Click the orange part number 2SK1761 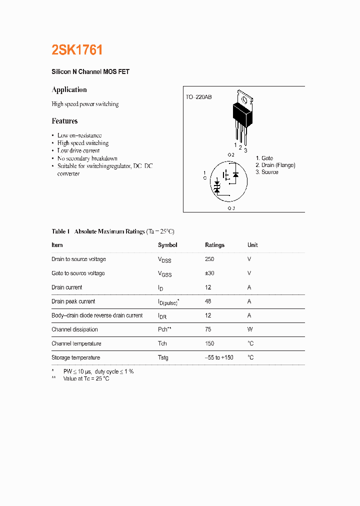point(77,50)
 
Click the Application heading point(69,90)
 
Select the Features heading point(64,121)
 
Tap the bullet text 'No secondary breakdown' point(87,158)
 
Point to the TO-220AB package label point(198,97)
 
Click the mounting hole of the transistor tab point(245,98)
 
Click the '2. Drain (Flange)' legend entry point(275,165)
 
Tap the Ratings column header point(214,245)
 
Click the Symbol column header point(167,245)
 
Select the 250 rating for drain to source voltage point(209,259)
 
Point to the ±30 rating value point(209,273)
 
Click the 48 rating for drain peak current point(208,301)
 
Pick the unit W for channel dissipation point(249,329)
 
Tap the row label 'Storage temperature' point(75,357)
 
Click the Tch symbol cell point(162,343)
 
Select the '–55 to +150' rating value point(219,357)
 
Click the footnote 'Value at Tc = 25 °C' point(86,379)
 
